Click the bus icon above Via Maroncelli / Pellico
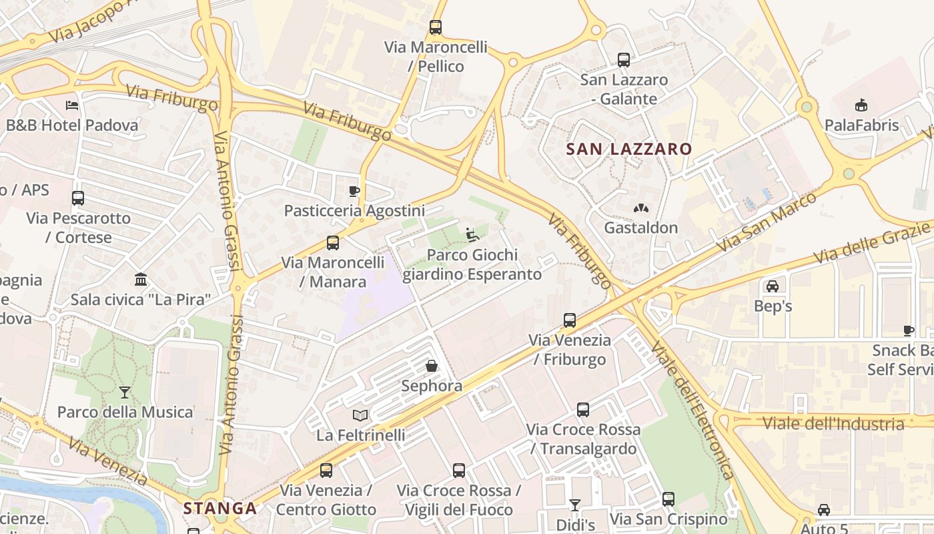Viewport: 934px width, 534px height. coord(436,27)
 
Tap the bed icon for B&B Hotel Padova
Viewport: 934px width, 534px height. coord(72,105)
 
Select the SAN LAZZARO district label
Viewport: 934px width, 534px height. coord(629,149)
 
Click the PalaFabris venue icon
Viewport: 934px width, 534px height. coord(861,105)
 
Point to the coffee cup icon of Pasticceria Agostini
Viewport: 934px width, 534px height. coord(354,192)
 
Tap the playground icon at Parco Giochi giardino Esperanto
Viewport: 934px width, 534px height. coord(472,235)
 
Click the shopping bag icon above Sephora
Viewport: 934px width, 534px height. coord(432,366)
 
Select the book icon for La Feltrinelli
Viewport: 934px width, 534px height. coord(360,415)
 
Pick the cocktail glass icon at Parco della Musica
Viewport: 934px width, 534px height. coord(125,392)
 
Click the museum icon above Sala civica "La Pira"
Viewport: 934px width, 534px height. coord(141,279)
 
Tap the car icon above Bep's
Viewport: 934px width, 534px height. coord(773,286)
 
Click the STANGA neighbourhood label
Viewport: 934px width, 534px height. coord(220,509)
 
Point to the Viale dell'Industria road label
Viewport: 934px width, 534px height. coord(833,424)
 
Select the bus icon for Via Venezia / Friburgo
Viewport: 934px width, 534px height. coord(570,320)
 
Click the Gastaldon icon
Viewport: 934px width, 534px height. coord(640,208)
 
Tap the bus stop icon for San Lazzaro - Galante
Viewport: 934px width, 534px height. coord(624,60)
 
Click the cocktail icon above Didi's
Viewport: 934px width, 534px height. coord(575,505)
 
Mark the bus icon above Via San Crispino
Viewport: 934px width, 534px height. coord(668,499)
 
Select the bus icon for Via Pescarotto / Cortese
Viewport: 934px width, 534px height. coord(78,198)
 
